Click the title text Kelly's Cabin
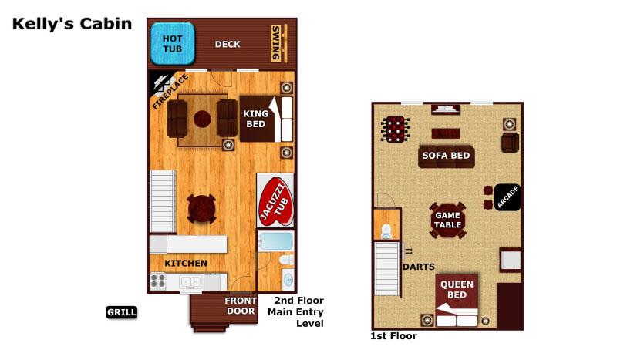(x=72, y=24)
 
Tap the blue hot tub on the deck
(x=172, y=44)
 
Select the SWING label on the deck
(x=276, y=43)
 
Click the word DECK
(x=228, y=44)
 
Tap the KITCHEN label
(x=186, y=263)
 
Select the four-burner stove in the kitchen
(x=158, y=281)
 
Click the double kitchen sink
(x=190, y=282)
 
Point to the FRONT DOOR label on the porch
(x=240, y=306)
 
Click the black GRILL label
(x=122, y=312)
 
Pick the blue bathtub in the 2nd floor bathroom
(x=275, y=241)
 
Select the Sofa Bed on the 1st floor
(x=446, y=156)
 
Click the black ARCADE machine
(x=507, y=197)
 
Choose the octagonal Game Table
(x=447, y=220)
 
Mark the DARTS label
(x=418, y=267)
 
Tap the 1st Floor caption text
(x=393, y=336)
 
